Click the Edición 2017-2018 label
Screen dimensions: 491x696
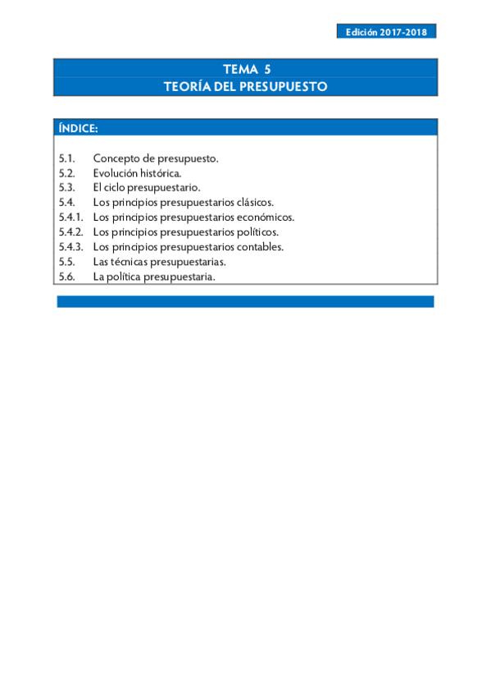tap(386, 32)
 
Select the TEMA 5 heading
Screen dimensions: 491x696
tap(246, 70)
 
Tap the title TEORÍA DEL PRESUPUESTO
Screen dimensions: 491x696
tap(246, 85)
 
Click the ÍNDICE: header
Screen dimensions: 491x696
tap(79, 128)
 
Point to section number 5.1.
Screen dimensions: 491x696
tap(67, 158)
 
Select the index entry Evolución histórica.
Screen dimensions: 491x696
tap(137, 172)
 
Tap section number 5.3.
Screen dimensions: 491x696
tap(67, 187)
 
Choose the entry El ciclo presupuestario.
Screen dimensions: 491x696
tap(147, 187)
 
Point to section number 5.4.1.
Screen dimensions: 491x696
tap(71, 217)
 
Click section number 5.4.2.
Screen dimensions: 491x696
tap(71, 231)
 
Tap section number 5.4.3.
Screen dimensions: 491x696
tap(71, 246)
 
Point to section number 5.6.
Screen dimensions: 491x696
tap(67, 277)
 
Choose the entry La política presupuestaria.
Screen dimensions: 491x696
tap(154, 277)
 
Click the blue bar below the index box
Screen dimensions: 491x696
tap(245, 301)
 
